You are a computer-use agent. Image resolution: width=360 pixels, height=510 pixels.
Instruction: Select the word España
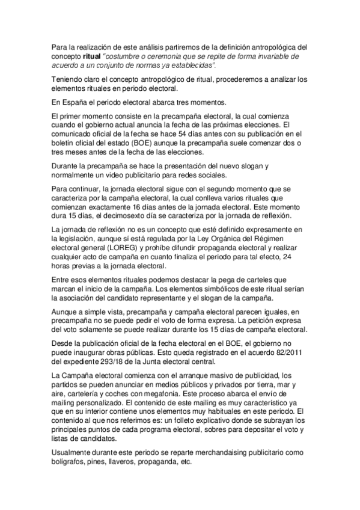(x=74, y=102)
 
